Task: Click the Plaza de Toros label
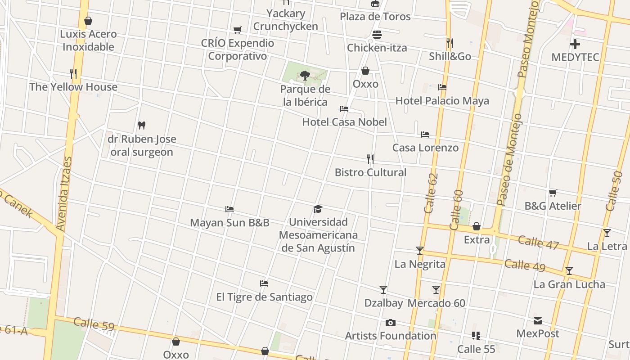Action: click(x=375, y=17)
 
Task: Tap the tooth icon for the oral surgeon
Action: click(x=142, y=125)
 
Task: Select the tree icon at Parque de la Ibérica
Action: click(x=305, y=75)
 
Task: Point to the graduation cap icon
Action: click(x=318, y=209)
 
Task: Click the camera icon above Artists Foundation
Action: click(x=390, y=323)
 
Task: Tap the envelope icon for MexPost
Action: click(x=538, y=321)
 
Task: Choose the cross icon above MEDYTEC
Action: click(x=575, y=44)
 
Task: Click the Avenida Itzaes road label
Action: click(x=64, y=194)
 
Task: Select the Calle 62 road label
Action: click(x=431, y=193)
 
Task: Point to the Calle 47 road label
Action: click(x=538, y=242)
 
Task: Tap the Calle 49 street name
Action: click(x=525, y=265)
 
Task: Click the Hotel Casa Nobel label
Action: click(x=344, y=122)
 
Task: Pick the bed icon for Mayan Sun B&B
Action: click(x=229, y=209)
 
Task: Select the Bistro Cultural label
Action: click(x=370, y=172)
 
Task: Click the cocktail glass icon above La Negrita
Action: click(x=420, y=251)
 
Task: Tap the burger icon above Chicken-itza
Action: click(x=377, y=35)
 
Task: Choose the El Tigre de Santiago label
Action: click(x=264, y=297)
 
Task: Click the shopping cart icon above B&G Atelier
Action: click(x=553, y=193)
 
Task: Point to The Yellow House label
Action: click(x=73, y=87)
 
